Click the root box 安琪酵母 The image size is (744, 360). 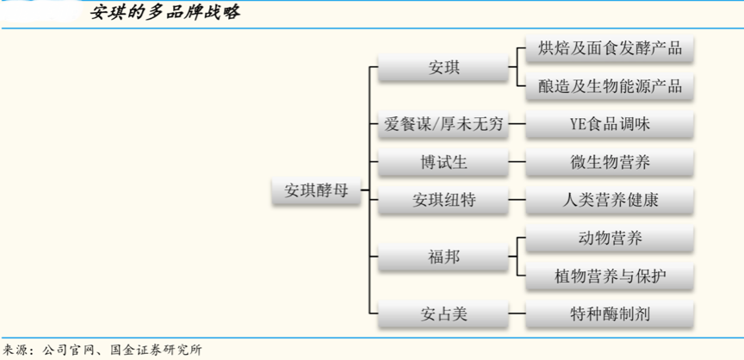click(x=316, y=190)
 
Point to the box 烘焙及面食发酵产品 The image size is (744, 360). click(x=610, y=48)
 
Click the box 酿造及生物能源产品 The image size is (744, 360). click(x=610, y=85)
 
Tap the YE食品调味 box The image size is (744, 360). click(x=610, y=125)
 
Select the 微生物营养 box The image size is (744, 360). click(x=610, y=162)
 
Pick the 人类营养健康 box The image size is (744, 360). click(x=610, y=200)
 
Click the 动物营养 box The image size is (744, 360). click(x=610, y=238)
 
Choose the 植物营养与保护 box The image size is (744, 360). click(x=610, y=276)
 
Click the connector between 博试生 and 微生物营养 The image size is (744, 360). click(x=516, y=162)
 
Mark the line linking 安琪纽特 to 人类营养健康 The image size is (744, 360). click(x=516, y=200)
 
